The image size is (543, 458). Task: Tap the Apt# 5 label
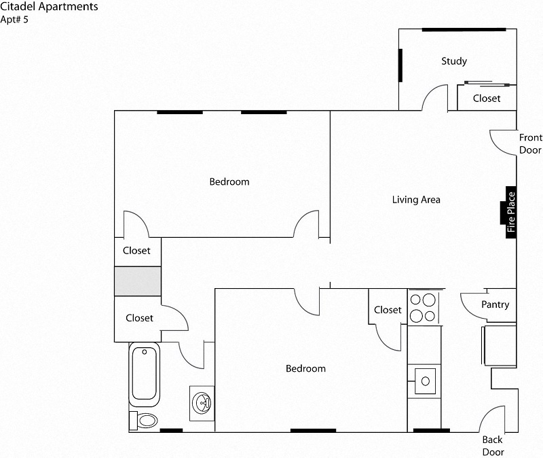(x=15, y=19)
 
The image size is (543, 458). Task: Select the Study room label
(x=454, y=61)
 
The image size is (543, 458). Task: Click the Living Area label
(x=416, y=200)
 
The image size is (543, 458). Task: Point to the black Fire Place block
(x=511, y=213)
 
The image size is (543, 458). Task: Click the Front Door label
(x=530, y=143)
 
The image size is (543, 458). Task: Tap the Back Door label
(x=493, y=446)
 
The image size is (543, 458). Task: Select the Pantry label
(x=495, y=305)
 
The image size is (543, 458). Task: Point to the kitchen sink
(x=425, y=383)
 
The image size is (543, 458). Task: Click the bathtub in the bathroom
(x=145, y=374)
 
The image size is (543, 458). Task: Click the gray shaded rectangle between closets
(x=137, y=281)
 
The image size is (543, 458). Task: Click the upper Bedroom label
(x=229, y=181)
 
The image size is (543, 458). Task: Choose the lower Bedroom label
(x=305, y=368)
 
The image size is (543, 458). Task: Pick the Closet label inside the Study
(x=487, y=99)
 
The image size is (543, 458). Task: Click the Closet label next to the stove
(x=388, y=310)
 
